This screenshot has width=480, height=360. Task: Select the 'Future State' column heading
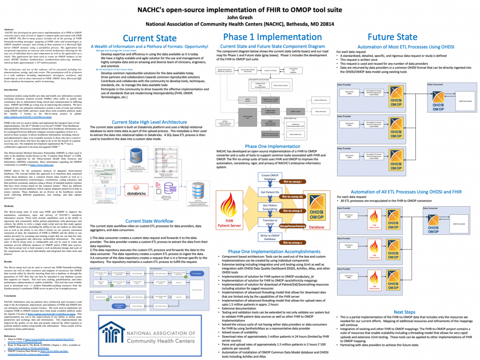click(x=392, y=37)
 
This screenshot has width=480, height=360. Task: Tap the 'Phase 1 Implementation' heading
click(x=266, y=37)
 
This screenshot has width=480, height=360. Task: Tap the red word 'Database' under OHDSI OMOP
click(x=316, y=227)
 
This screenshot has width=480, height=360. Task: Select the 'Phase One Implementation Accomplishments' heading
click(x=265, y=252)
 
